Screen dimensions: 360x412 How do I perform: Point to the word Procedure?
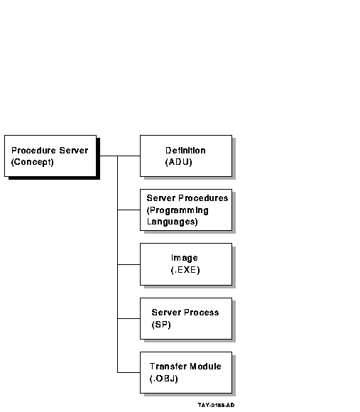pos(33,151)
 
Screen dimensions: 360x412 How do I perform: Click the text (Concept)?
pos(32,162)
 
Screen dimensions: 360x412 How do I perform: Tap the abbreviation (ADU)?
pos(178,162)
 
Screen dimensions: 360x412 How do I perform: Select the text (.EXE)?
pos(185,270)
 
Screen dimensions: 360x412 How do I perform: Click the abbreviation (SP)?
pos(161,325)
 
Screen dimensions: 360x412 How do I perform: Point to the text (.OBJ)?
pos(163,379)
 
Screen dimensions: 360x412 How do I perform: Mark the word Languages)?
pos(172,222)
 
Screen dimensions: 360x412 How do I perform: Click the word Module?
pos(205,367)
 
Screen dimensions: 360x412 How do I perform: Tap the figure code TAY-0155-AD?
pos(216,405)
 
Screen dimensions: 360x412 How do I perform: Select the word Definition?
pos(185,151)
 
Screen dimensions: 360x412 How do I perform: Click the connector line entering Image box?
pos(129,264)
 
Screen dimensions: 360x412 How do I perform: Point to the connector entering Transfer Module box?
pos(129,372)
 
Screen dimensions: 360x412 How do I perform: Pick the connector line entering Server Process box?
pos(129,318)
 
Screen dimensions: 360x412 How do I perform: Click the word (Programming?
pos(178,210)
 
